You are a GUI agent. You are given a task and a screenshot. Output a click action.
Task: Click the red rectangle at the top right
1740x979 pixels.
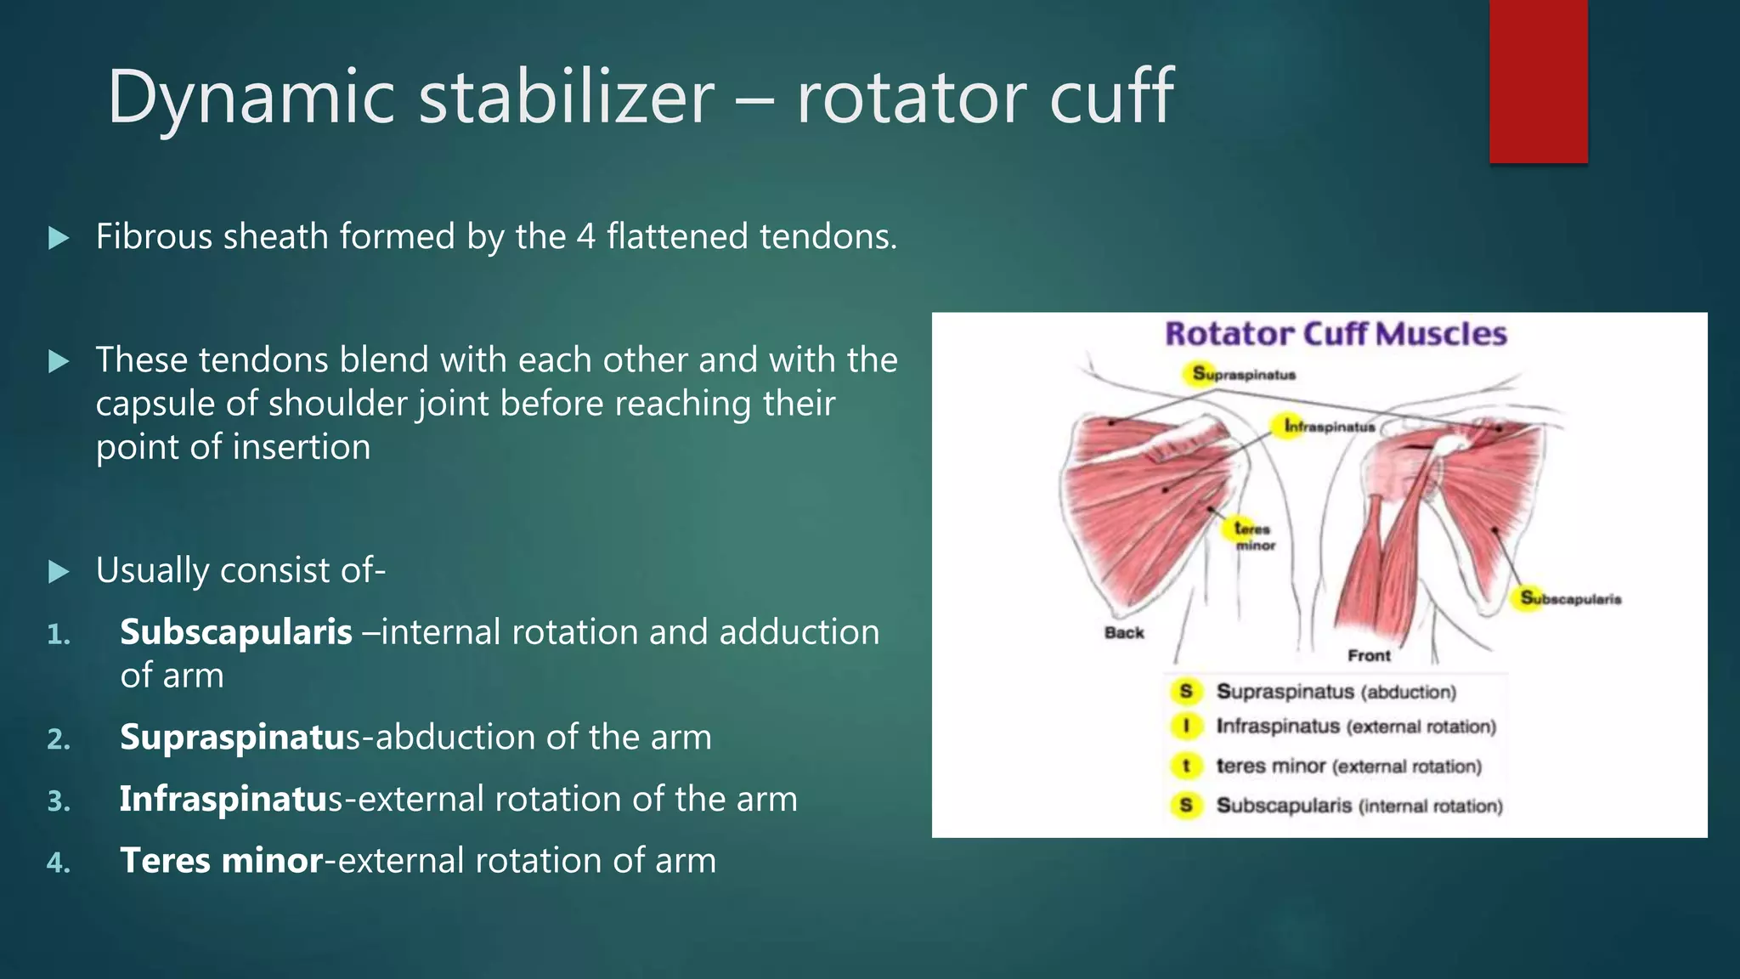click(x=1538, y=82)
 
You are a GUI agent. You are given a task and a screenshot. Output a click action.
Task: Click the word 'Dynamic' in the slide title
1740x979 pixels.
click(x=251, y=98)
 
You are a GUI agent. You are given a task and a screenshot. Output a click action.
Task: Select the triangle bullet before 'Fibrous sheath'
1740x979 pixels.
click(x=59, y=238)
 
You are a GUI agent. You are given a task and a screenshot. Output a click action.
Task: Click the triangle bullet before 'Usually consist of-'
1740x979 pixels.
click(x=59, y=572)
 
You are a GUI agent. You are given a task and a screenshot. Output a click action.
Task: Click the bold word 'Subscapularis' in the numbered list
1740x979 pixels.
click(x=235, y=632)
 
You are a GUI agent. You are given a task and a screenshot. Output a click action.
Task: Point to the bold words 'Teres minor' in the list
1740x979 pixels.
click(x=221, y=861)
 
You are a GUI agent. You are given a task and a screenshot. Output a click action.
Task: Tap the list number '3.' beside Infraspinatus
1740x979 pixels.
click(x=59, y=801)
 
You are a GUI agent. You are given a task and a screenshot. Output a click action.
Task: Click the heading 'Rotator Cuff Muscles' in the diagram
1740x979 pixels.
click(x=1335, y=334)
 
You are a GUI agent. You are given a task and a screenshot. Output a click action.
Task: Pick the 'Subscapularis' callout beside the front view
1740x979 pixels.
click(x=1570, y=598)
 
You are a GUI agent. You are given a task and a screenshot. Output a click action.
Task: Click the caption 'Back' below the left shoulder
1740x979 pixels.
click(x=1123, y=632)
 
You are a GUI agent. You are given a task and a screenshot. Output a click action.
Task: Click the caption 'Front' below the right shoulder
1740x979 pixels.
click(x=1368, y=655)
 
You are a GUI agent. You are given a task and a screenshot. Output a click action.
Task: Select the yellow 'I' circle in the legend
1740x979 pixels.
click(x=1186, y=727)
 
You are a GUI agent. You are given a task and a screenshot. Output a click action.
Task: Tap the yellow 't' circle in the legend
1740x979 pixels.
click(x=1186, y=766)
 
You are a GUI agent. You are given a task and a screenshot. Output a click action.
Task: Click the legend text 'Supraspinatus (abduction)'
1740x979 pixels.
click(x=1336, y=692)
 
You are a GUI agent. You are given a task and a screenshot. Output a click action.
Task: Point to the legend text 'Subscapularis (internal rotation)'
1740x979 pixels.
click(x=1359, y=806)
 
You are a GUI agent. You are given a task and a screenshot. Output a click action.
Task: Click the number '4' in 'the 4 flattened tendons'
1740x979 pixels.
click(x=585, y=237)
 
